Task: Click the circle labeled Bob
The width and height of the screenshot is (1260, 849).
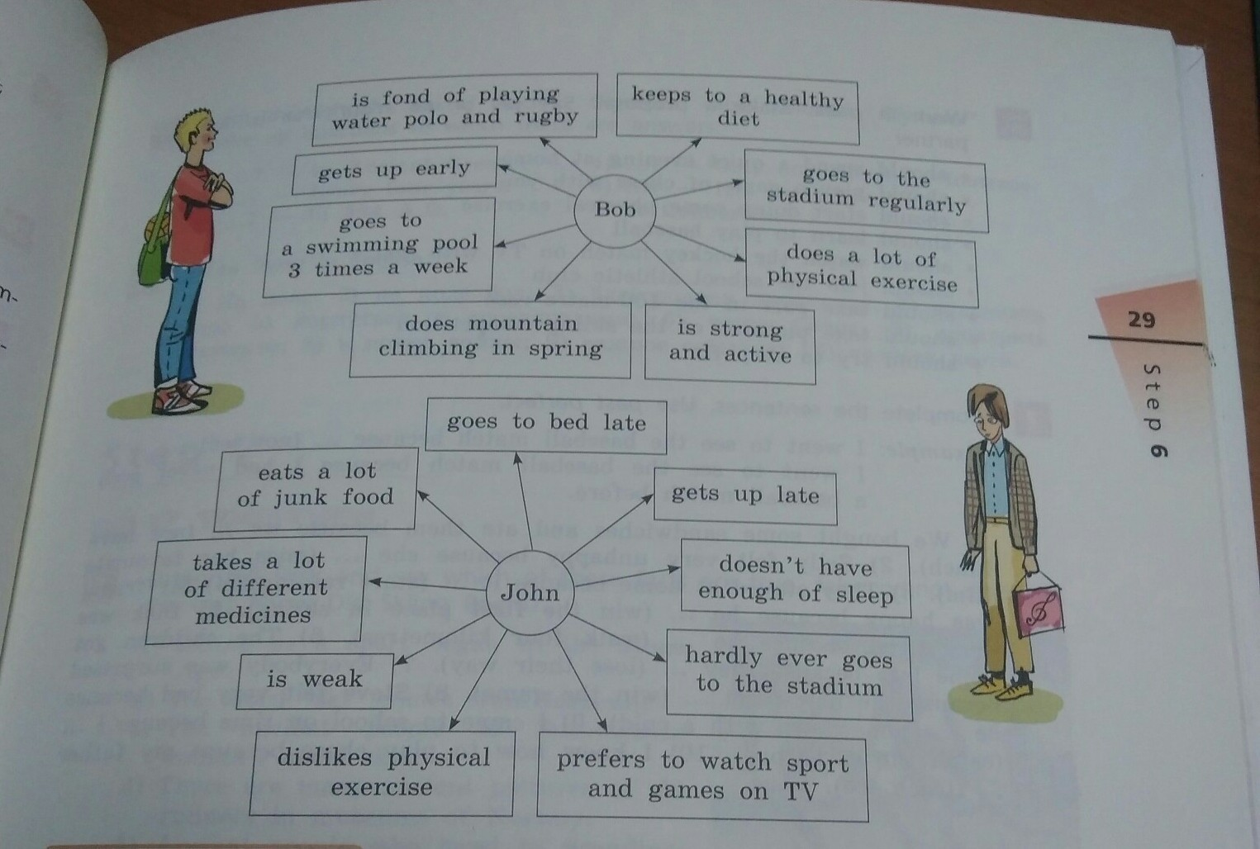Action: coord(616,210)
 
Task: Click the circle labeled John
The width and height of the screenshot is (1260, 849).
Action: coord(530,592)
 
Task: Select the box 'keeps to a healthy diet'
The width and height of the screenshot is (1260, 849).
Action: coord(738,108)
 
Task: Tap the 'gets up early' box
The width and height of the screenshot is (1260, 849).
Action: coord(394,170)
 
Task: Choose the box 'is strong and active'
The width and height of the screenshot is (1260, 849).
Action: coord(730,343)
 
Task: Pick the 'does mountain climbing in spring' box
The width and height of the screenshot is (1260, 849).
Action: coord(490,337)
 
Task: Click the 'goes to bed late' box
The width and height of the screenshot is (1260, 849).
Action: coord(546,424)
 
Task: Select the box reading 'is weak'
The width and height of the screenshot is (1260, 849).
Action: coord(314,680)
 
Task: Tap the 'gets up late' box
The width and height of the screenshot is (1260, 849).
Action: coord(744,495)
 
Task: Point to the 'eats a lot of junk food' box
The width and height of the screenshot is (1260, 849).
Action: coord(315,486)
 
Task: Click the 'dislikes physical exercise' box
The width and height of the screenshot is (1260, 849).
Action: coord(383,772)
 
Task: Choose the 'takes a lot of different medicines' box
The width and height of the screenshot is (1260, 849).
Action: coord(255,588)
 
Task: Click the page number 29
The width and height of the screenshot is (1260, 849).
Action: coord(1141,320)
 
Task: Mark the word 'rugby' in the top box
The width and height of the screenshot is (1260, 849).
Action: coord(545,116)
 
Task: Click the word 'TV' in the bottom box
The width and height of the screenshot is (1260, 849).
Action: coord(801,792)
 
